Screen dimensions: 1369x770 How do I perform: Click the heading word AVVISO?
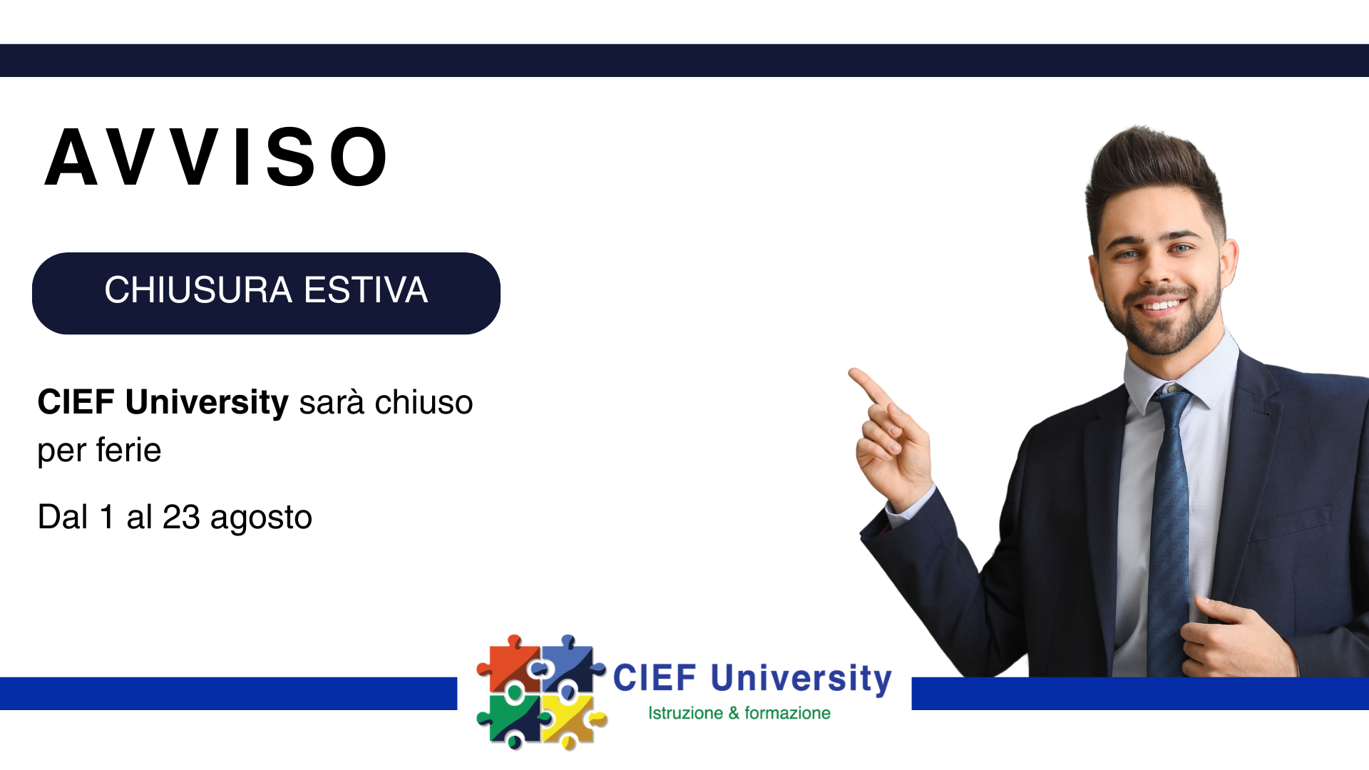tap(216, 158)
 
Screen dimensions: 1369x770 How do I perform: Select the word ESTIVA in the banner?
tap(366, 290)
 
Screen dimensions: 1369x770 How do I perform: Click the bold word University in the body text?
tap(207, 403)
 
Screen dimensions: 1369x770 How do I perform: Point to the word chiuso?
tap(424, 403)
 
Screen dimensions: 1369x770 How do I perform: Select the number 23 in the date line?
tap(181, 517)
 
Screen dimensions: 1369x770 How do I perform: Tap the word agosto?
tap(261, 519)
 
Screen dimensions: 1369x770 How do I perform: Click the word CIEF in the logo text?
tap(655, 678)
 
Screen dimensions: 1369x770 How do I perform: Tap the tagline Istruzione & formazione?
tap(739, 713)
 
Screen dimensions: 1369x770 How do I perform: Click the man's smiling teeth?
tap(1160, 306)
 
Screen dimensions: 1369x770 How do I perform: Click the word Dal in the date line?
tap(63, 517)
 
